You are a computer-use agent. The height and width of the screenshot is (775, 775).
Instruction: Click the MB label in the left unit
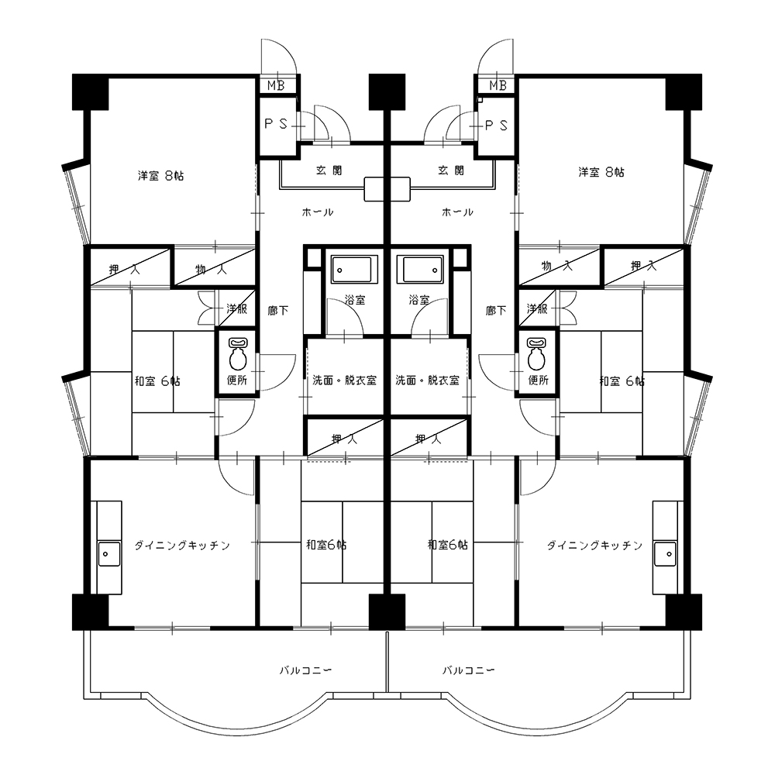click(x=276, y=85)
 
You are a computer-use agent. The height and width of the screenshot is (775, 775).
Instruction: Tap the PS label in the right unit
click(x=496, y=126)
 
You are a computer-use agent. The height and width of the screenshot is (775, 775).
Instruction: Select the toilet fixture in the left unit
click(x=238, y=354)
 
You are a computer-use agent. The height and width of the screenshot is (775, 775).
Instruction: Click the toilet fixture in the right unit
click(x=536, y=354)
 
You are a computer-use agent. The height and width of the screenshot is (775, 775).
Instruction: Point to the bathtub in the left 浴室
click(x=354, y=270)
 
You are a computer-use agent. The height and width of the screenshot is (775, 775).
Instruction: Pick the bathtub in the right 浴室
click(x=421, y=270)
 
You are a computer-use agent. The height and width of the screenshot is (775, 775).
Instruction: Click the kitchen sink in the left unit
click(x=108, y=554)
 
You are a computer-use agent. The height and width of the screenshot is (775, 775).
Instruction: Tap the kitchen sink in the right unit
click(x=665, y=554)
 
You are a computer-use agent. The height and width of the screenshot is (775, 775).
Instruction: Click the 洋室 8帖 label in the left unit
click(x=160, y=175)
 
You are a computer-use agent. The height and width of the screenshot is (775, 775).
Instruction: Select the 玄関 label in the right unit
click(x=451, y=170)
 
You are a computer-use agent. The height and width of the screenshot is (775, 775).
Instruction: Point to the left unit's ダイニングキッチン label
click(x=182, y=545)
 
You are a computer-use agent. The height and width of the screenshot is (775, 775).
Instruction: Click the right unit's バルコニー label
click(x=468, y=670)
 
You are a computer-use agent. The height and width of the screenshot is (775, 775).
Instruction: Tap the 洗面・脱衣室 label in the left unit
click(x=344, y=380)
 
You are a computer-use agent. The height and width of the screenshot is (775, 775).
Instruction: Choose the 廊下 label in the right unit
click(x=496, y=311)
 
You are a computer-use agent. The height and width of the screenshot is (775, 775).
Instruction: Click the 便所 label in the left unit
click(x=236, y=380)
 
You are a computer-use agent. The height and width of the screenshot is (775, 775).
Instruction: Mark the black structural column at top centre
click(x=387, y=92)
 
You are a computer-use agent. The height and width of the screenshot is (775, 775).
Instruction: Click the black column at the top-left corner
click(x=91, y=92)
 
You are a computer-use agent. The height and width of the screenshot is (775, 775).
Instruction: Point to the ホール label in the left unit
click(x=317, y=212)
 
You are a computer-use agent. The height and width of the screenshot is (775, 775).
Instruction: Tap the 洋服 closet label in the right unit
click(x=537, y=309)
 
